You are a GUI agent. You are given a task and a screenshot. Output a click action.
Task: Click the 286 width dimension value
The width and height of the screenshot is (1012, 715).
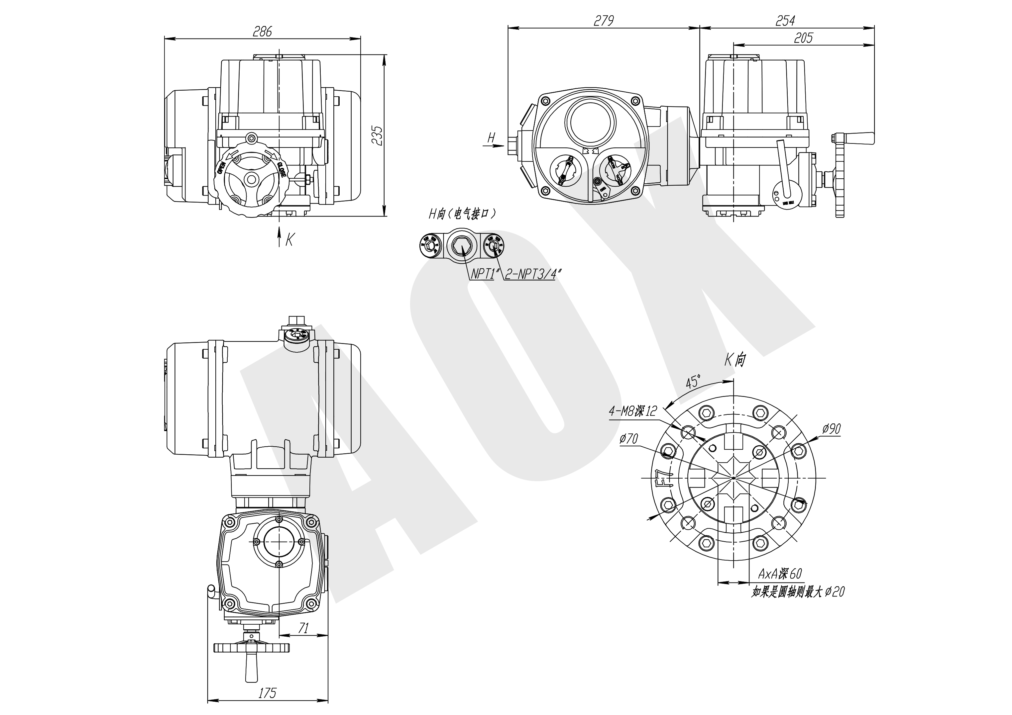tap(262, 31)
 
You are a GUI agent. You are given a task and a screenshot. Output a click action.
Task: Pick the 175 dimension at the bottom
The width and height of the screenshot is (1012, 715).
tap(267, 693)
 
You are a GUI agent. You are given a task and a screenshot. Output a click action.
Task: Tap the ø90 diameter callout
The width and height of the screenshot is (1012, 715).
tap(831, 429)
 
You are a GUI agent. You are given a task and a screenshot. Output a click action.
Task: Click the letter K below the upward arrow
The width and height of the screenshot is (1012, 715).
tap(289, 240)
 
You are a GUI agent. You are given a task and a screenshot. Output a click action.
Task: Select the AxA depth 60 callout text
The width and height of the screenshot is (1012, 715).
tap(779, 574)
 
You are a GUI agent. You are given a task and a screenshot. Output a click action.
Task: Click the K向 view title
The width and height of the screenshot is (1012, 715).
tap(735, 360)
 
